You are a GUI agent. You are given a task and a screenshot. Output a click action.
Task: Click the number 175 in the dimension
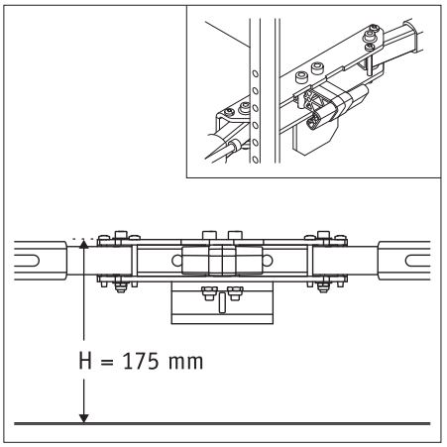point(141,361)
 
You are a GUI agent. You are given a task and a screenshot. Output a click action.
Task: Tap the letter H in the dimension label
point(85,361)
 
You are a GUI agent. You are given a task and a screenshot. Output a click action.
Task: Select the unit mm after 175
point(185,363)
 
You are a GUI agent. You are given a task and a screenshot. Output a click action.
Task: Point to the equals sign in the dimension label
point(107,363)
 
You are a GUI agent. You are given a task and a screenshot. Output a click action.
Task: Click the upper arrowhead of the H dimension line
point(84,244)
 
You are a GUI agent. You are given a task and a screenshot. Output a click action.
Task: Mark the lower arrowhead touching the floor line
point(84,418)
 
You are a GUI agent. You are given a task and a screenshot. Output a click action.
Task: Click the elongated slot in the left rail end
point(27,261)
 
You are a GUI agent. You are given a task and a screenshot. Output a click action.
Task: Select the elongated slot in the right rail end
point(417,261)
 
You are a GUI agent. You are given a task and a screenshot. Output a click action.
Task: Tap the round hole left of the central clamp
point(176,261)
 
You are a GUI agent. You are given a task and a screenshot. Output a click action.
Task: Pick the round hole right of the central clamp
point(268,261)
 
